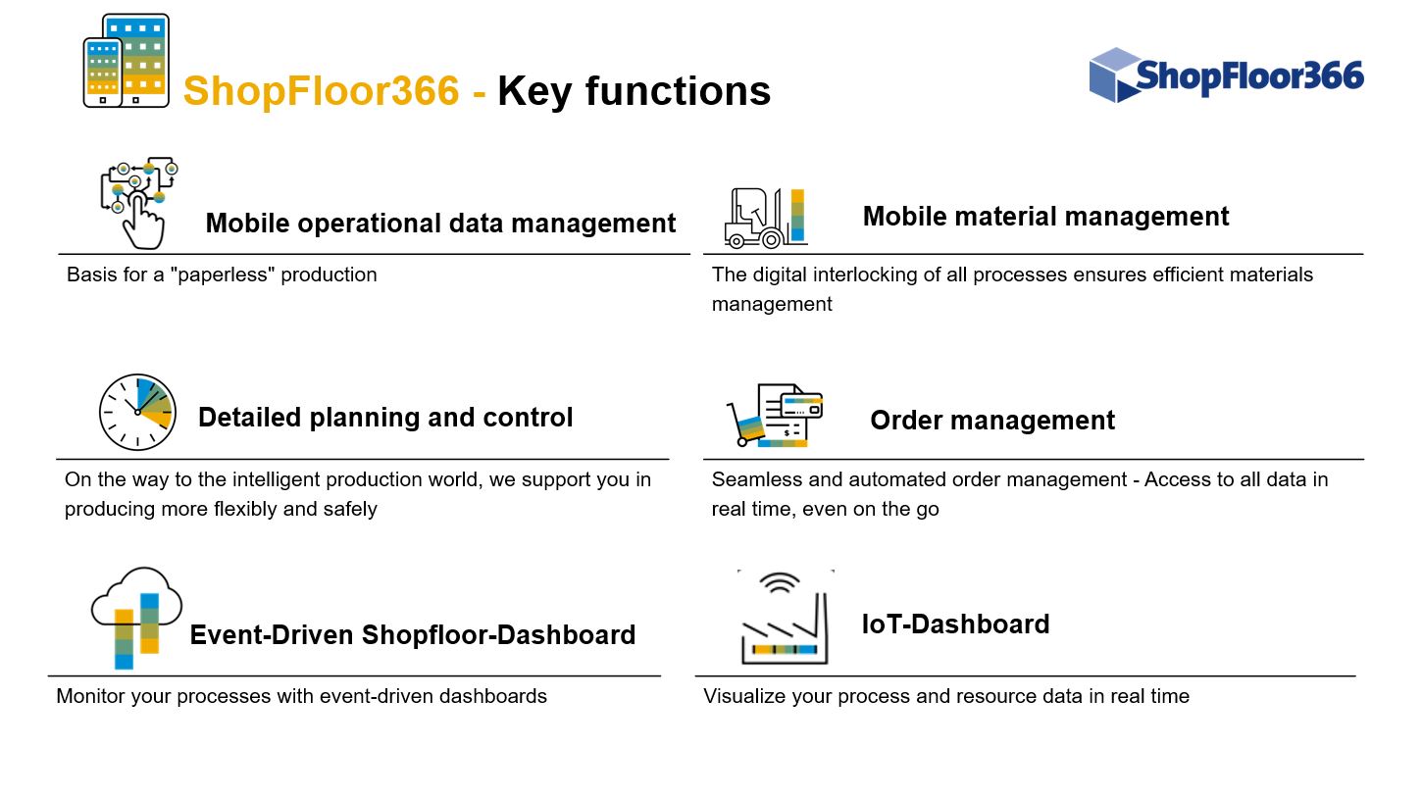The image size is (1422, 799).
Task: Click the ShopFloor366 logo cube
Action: pos(1115,75)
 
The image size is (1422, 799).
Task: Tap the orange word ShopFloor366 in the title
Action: pos(322,90)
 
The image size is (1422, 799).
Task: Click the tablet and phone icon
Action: pos(127,60)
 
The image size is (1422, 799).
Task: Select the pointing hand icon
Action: pos(139,203)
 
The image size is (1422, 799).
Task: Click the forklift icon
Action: pos(766,218)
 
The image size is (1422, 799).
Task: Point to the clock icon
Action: pos(137,412)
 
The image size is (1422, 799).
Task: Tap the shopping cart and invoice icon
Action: pos(775,415)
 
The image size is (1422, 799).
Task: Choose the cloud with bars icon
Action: pos(136,619)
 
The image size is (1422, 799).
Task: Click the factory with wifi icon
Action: pos(785,618)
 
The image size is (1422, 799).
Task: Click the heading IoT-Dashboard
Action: pos(955,624)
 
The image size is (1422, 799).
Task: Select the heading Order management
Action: pos(992,421)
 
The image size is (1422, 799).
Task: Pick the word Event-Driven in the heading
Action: pos(271,634)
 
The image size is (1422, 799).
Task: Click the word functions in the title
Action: pos(678,91)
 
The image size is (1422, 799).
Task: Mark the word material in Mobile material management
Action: pos(1005,217)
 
